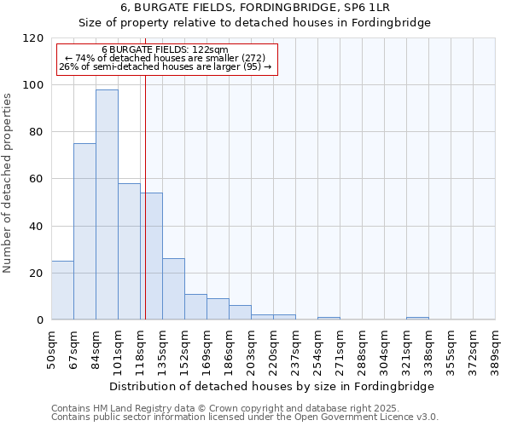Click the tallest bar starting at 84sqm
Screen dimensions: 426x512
107,204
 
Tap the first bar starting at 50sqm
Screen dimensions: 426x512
62,291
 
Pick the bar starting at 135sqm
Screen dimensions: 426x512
173,289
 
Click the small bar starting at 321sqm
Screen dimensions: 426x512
417,318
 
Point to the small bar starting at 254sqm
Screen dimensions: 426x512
329,318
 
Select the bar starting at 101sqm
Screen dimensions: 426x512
129,251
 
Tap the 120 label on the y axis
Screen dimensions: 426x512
33,38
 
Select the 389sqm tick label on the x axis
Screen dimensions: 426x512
496,347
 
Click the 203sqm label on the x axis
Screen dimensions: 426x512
252,347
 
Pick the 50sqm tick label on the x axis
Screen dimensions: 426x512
52,347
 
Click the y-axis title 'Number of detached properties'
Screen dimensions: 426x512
8,183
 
